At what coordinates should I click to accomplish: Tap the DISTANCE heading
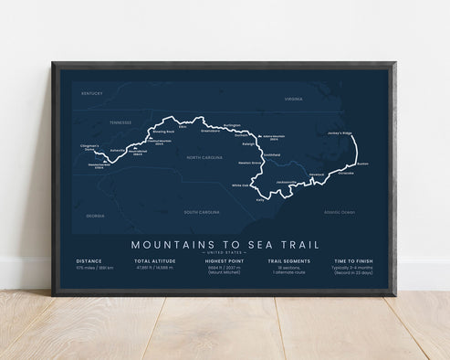tap(89, 260)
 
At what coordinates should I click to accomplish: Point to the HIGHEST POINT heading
tap(222, 260)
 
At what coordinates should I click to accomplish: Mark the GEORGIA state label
tap(96, 215)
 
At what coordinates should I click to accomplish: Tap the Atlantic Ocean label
tap(338, 212)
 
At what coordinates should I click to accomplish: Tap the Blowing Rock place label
tap(162, 132)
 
